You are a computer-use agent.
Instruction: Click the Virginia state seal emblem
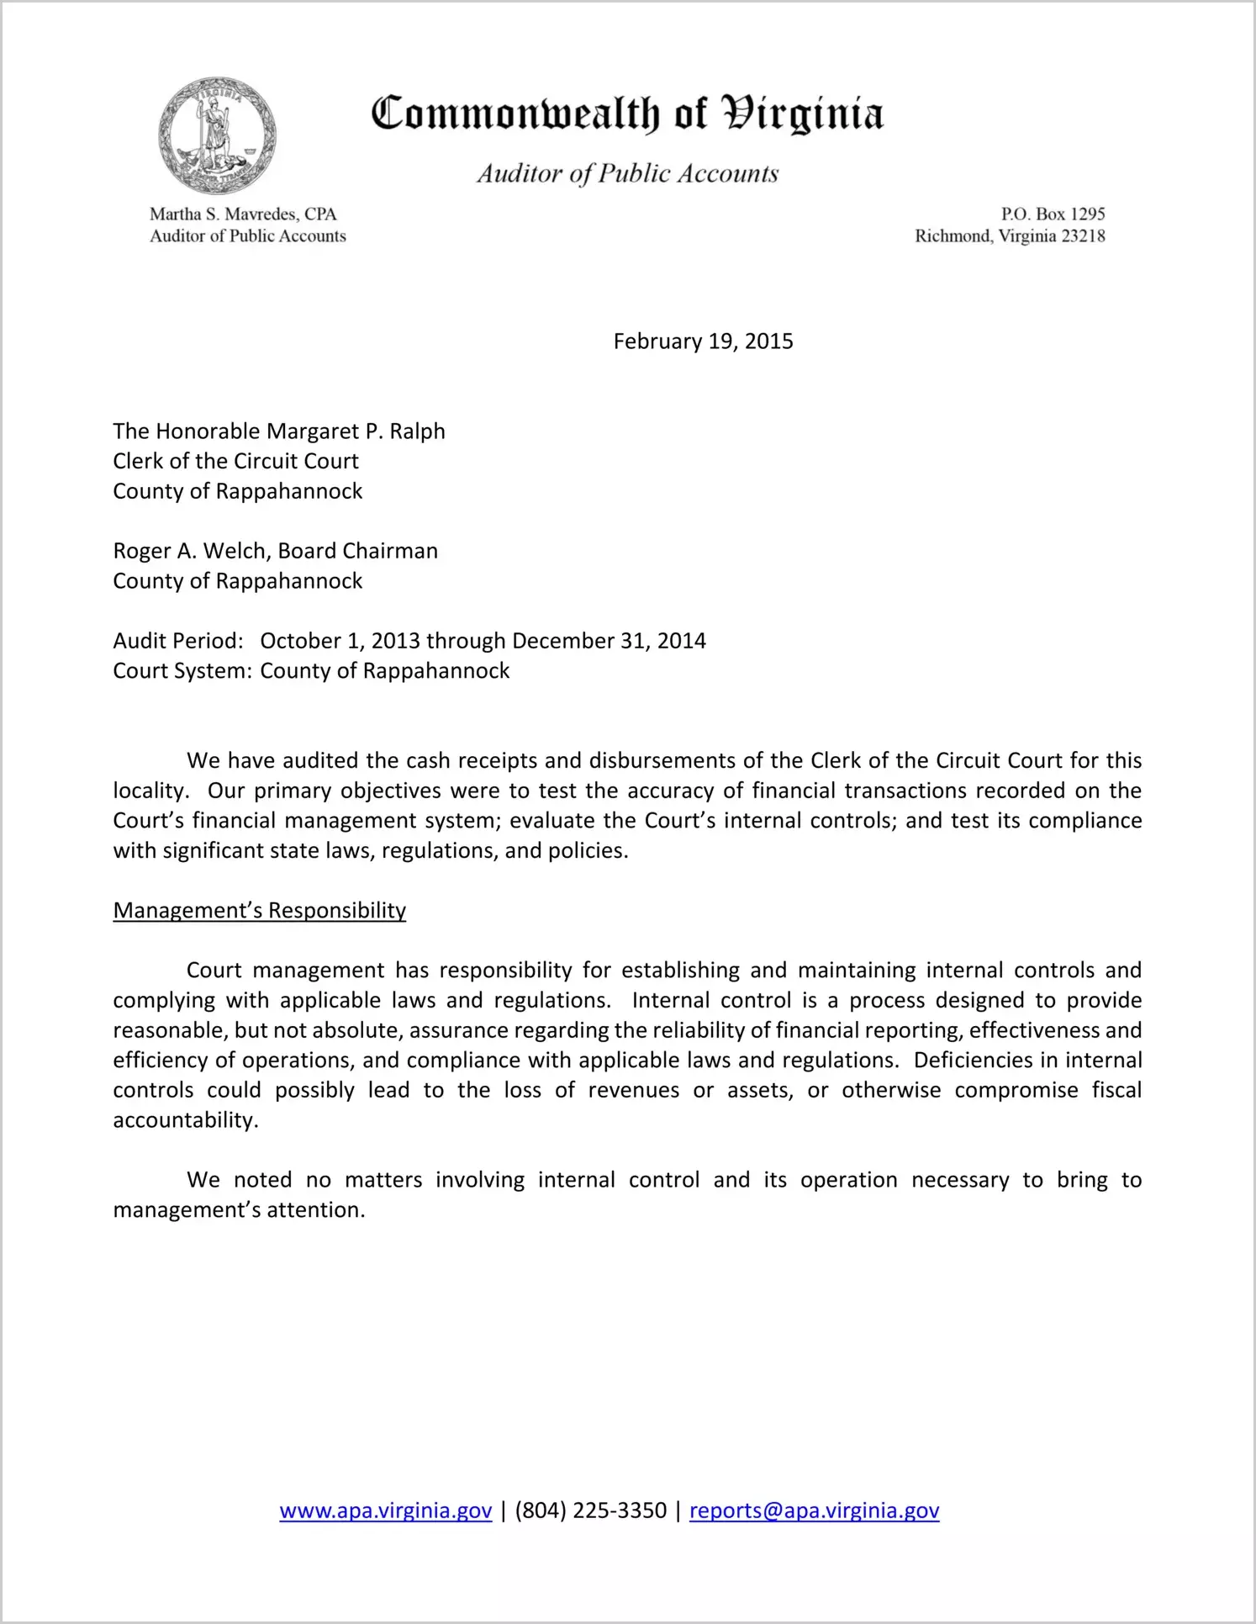click(217, 135)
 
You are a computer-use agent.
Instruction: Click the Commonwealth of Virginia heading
click(627, 114)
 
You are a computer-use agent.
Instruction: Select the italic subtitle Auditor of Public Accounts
click(627, 173)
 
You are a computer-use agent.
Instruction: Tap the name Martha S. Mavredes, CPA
click(243, 214)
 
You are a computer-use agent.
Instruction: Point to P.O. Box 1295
click(1053, 214)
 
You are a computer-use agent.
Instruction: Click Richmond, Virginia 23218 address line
click(1010, 236)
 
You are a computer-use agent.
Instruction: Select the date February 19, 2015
click(703, 341)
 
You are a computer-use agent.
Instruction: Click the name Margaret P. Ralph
click(356, 431)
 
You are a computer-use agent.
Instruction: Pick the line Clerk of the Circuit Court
click(236, 461)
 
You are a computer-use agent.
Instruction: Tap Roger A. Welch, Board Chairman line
click(276, 551)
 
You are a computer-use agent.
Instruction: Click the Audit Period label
click(178, 641)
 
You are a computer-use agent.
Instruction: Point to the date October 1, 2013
click(340, 641)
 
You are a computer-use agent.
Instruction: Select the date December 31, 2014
click(609, 641)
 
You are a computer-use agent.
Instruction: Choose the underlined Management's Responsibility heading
click(260, 911)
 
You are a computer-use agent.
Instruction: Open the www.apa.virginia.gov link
click(386, 1511)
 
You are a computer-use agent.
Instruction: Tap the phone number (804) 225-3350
click(590, 1511)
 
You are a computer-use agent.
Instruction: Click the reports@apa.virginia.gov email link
click(814, 1511)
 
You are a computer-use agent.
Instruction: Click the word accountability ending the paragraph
click(185, 1120)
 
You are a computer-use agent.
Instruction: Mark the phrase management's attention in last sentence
click(239, 1210)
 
